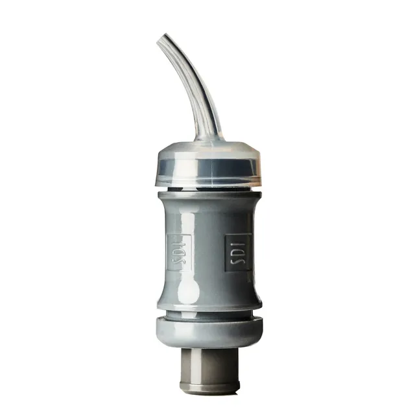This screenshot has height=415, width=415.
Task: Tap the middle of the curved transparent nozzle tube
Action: [x=193, y=85]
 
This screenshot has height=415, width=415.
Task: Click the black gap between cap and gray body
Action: [x=209, y=189]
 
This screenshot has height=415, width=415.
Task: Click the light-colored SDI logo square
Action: [x=179, y=252]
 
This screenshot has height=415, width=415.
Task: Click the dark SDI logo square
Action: [x=237, y=252]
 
